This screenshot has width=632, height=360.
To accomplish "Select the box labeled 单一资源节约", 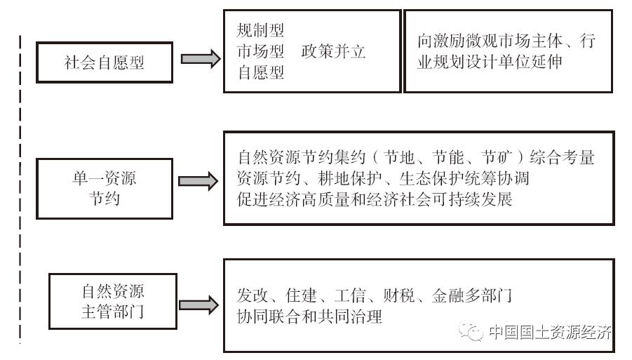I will click(x=105, y=188).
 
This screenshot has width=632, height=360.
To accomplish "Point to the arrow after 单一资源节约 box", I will click(x=198, y=182).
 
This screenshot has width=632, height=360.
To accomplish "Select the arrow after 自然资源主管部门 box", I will click(x=198, y=305).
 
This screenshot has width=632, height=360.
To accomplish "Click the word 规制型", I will click(x=260, y=31).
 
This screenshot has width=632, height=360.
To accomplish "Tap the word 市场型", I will click(x=260, y=51).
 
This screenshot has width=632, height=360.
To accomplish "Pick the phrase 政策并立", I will click(x=333, y=51).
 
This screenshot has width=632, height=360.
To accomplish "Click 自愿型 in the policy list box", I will click(x=260, y=72).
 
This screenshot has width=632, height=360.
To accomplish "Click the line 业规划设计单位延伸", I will click(x=488, y=62).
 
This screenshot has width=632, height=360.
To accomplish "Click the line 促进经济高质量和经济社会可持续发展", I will click(x=375, y=199).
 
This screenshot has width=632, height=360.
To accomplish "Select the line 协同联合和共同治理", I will click(x=309, y=316).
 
